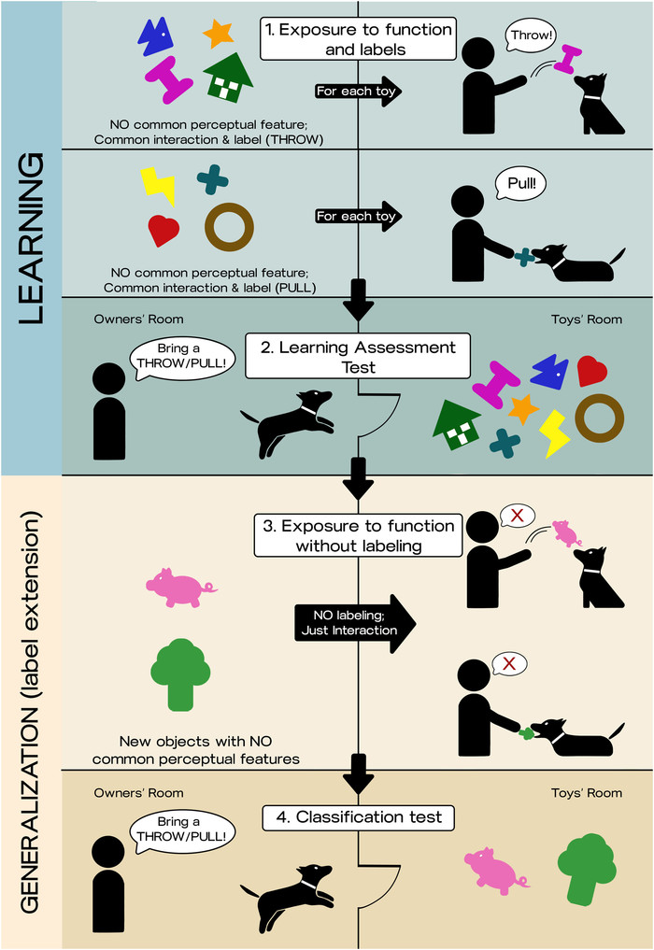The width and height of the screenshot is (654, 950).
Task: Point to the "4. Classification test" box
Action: (x=360, y=818)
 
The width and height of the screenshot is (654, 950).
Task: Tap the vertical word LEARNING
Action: (x=30, y=238)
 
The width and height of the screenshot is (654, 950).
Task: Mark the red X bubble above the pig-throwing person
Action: (x=510, y=515)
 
